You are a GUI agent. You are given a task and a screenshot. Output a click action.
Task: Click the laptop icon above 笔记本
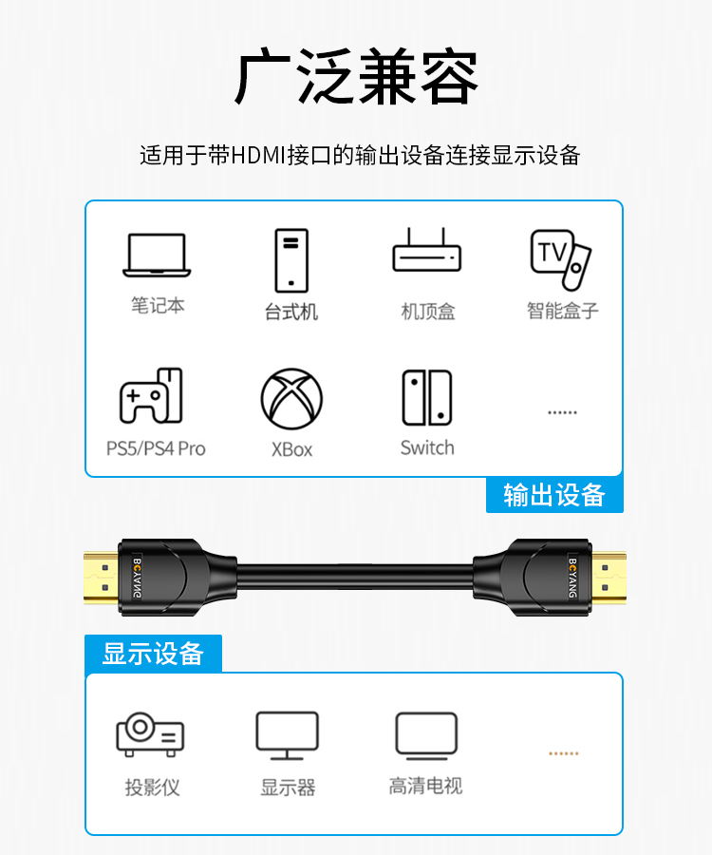[x=157, y=255]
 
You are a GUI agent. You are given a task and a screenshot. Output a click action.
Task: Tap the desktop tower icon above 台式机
[x=291, y=260]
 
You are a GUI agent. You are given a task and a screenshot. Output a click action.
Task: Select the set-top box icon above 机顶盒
[x=426, y=250]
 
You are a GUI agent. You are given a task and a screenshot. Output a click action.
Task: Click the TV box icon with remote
[x=560, y=259]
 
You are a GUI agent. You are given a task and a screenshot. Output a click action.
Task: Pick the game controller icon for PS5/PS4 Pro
[x=151, y=396]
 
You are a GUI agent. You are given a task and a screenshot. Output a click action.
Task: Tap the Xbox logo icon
[x=291, y=399]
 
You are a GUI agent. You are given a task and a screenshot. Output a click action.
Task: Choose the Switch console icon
[x=427, y=397]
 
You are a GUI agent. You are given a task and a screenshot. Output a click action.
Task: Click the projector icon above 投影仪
[x=150, y=734]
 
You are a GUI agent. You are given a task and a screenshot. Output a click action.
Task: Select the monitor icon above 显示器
[x=287, y=735]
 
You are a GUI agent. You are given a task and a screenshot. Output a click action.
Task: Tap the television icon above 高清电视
[x=426, y=735]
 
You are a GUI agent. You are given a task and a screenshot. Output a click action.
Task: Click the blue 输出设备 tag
[x=554, y=495]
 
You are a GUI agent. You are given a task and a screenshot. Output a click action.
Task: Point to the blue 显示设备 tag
[x=153, y=654]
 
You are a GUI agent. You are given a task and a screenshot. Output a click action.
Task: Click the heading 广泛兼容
[x=356, y=76]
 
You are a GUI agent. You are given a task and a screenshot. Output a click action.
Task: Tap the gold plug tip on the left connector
[x=102, y=578]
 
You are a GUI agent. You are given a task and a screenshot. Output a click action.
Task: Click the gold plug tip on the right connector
[x=609, y=578]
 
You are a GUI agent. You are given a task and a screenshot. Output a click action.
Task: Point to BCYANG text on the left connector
[x=138, y=578]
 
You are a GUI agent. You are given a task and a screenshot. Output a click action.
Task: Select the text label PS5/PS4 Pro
[x=156, y=448]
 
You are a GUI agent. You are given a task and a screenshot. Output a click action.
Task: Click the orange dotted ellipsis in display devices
[x=563, y=753]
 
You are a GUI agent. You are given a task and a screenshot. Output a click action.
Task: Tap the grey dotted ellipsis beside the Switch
[x=562, y=412]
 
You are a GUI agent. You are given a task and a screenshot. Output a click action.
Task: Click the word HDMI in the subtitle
[x=258, y=156]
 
